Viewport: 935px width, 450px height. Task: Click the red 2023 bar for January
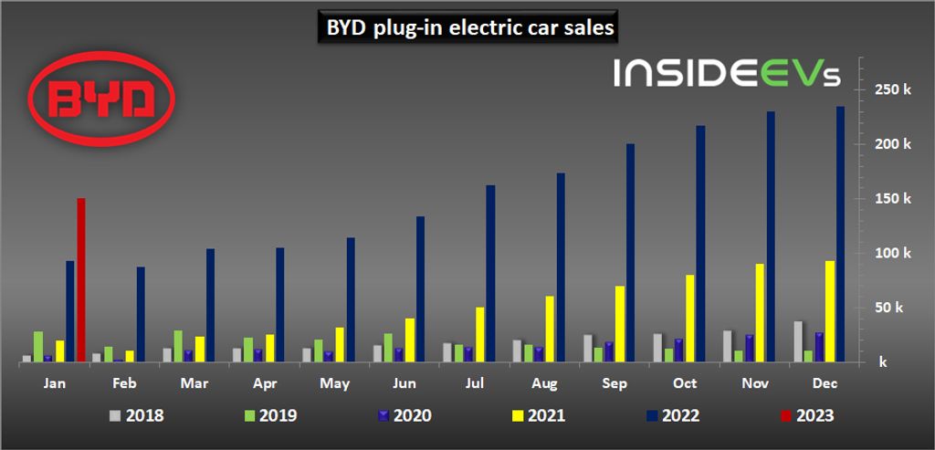81,279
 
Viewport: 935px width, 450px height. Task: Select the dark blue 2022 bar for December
840,234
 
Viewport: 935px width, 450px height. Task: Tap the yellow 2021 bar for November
760,312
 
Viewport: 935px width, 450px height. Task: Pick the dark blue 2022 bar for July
490,273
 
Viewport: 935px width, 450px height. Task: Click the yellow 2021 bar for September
620,323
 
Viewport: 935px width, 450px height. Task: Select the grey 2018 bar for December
797,341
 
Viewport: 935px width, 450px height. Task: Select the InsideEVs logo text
726,73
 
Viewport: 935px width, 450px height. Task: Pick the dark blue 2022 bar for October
700,244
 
